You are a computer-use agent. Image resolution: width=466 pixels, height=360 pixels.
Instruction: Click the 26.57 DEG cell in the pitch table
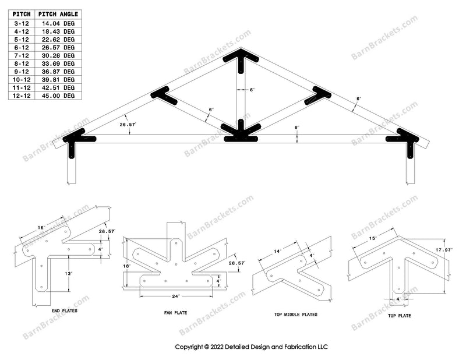58,48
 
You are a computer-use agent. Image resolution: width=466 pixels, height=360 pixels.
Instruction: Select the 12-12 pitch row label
22,96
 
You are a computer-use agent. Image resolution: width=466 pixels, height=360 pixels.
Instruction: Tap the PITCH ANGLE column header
58,14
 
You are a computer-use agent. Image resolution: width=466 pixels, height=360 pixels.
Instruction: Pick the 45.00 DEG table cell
58,96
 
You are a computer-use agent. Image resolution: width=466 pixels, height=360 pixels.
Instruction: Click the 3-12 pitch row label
22,23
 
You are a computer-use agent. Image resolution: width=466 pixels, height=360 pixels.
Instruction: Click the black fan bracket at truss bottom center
241,134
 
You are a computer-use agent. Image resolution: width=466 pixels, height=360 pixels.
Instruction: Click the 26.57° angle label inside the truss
128,125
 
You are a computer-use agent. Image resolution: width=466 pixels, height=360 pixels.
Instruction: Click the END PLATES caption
65,310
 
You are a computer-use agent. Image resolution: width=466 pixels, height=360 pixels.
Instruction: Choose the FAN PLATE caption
175,312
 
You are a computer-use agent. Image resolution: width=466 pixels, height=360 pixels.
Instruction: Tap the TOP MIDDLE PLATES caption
296,314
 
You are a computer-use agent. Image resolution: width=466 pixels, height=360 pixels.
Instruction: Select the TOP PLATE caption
400,315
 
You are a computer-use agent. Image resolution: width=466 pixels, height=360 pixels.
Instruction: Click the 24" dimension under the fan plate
176,296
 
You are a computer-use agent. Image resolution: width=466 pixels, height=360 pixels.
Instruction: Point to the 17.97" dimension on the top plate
444,250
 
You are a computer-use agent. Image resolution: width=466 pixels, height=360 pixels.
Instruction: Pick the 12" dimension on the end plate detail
68,273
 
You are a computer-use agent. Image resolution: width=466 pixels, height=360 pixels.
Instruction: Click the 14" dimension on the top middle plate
277,251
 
